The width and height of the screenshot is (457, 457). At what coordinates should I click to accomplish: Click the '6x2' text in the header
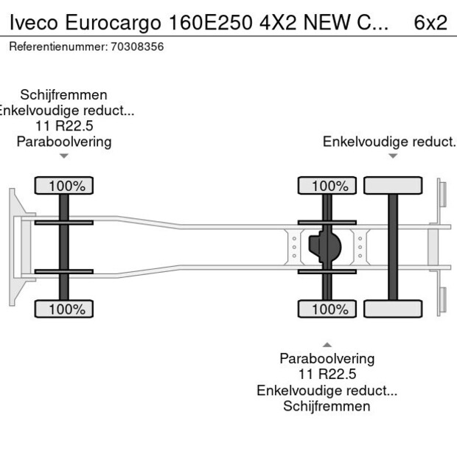(x=430, y=22)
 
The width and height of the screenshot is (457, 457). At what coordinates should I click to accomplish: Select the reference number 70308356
(x=137, y=46)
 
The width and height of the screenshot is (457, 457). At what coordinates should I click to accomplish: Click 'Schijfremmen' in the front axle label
(x=64, y=95)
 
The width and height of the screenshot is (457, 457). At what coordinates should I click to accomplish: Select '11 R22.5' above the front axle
(x=64, y=126)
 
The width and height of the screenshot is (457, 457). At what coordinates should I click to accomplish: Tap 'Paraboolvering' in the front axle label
(x=64, y=142)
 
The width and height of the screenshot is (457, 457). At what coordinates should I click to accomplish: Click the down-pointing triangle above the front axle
(x=64, y=156)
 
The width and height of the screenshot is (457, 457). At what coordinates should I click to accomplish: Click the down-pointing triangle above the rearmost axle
(x=393, y=156)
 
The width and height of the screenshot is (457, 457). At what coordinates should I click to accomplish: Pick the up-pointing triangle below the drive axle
(x=327, y=344)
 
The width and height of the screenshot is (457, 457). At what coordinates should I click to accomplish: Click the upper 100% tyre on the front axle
(x=64, y=186)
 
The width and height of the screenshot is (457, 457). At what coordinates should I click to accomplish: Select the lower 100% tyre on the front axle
(x=64, y=310)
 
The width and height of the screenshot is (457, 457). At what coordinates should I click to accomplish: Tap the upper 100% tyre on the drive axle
(x=327, y=186)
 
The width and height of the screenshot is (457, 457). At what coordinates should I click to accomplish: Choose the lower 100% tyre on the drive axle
(x=327, y=310)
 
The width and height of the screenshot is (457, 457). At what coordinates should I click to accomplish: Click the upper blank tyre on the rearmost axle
(x=393, y=186)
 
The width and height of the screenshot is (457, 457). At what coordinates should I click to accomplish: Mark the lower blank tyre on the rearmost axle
(x=393, y=310)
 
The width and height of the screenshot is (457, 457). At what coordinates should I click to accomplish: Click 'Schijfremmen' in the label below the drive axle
(x=327, y=406)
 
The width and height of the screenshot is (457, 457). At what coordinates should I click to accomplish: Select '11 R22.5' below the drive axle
(x=327, y=374)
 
